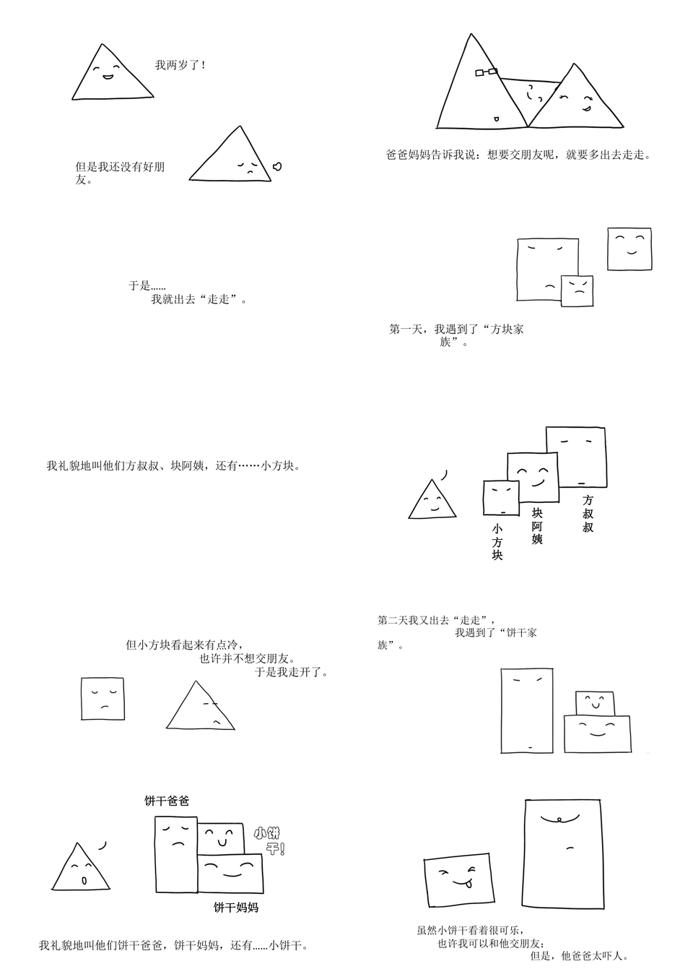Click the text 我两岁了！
(x=180, y=66)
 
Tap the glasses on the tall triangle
(x=486, y=72)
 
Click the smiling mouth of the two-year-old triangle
(x=107, y=77)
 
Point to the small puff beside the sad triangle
(x=277, y=166)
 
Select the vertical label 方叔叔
(x=588, y=513)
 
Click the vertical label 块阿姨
(x=537, y=525)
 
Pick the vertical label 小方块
(x=497, y=542)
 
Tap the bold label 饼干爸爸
(x=167, y=801)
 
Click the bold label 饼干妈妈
(x=235, y=908)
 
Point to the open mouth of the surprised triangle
(x=84, y=879)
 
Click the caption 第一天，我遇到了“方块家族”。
(x=456, y=335)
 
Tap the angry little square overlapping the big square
(x=577, y=291)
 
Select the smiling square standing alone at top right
(x=629, y=249)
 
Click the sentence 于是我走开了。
(x=292, y=672)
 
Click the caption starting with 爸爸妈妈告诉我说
(x=518, y=155)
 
